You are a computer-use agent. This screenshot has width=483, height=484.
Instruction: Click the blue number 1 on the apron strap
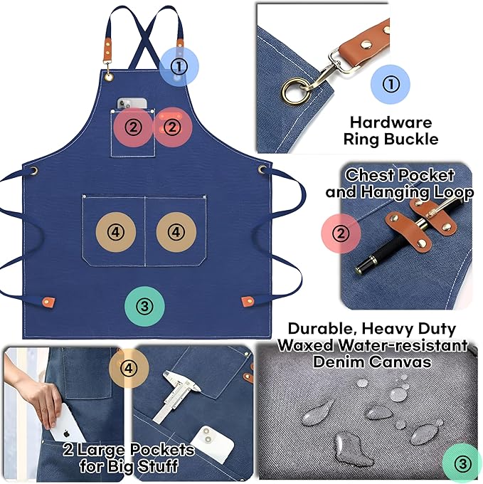(179, 67)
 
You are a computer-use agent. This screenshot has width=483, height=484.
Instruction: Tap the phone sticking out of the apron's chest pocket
(132, 104)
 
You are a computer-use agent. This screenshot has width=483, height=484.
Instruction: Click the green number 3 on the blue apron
(144, 306)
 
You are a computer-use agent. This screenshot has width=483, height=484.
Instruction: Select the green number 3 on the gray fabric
(462, 464)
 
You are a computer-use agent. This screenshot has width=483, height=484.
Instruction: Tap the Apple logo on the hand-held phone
(65, 433)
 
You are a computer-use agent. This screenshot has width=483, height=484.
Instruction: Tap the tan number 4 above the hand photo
(128, 368)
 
